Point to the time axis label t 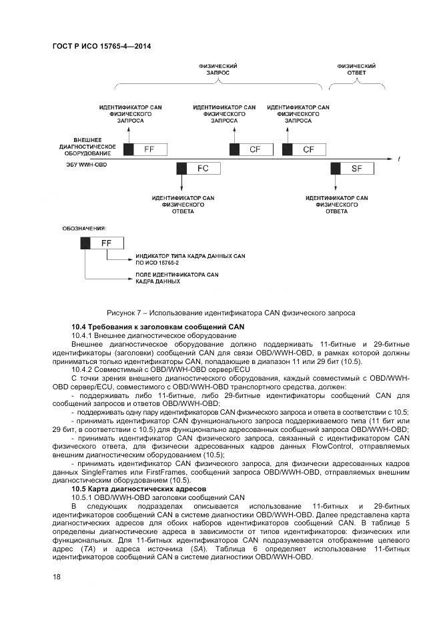tap(398, 159)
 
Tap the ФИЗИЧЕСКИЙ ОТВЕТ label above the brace tap(356, 70)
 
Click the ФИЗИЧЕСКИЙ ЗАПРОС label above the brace tap(217, 70)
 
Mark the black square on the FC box tap(181, 169)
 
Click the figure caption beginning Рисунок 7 tap(231, 313)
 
